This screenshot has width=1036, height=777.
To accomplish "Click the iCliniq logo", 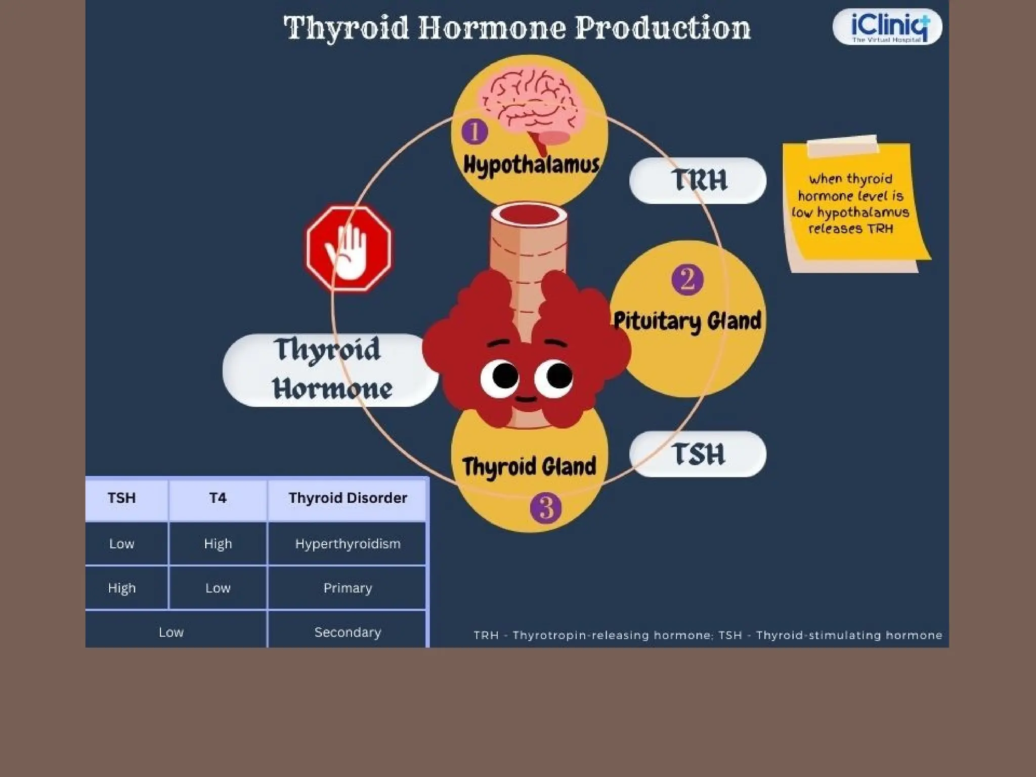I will (887, 27).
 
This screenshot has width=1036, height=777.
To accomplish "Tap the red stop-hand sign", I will (349, 248).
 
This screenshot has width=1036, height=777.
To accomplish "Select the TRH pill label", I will (698, 181).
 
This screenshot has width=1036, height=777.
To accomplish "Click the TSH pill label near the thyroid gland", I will (698, 454).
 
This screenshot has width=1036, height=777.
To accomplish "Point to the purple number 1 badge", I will (474, 132).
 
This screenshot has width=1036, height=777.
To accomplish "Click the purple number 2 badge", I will (687, 279).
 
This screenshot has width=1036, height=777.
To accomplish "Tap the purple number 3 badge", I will (545, 508).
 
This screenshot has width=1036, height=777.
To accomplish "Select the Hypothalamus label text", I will (531, 165).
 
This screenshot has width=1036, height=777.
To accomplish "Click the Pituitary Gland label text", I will (687, 321).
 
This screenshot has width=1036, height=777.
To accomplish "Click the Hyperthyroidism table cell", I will (348, 544).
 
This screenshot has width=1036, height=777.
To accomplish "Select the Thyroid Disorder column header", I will (348, 498).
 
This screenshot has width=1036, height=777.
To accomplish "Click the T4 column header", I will (218, 498).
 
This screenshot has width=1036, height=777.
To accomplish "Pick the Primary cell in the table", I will (348, 588).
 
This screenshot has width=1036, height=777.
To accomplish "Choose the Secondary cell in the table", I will (348, 632).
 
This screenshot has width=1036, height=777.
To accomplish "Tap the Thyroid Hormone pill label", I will (330, 370).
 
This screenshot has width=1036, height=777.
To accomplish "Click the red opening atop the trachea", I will (529, 215).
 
